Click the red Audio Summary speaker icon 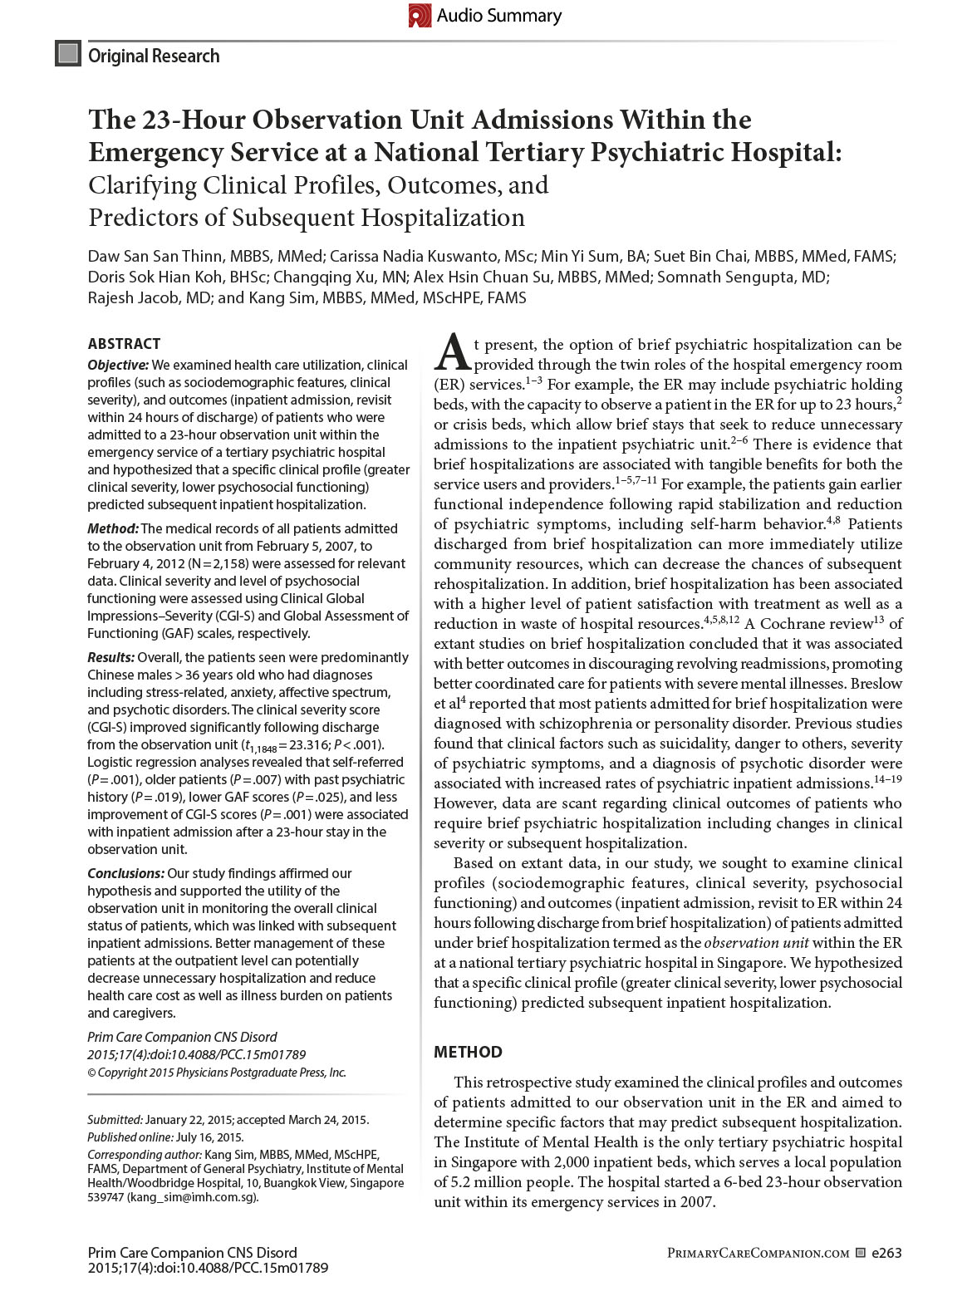420,15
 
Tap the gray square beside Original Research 67,54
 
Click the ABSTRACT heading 124,343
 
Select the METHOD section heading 468,1052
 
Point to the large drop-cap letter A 452,352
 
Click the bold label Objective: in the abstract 118,365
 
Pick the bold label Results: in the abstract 112,657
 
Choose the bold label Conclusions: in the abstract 126,873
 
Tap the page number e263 886,1253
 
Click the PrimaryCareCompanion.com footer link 758,1253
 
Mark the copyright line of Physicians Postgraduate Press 217,1073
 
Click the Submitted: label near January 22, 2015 115,1120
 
